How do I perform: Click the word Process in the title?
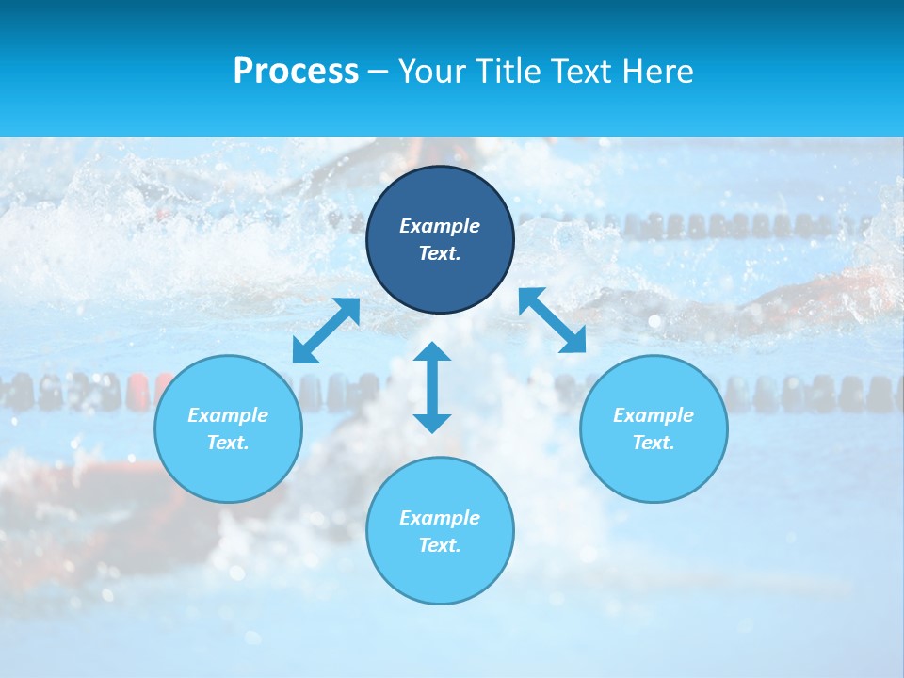(296, 72)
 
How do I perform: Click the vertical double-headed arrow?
(432, 387)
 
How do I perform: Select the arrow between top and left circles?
(326, 331)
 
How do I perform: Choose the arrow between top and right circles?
(553, 320)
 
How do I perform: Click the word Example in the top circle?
(440, 226)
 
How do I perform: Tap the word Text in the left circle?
(228, 443)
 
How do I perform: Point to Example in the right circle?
(654, 415)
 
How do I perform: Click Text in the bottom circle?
(440, 545)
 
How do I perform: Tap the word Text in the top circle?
(440, 253)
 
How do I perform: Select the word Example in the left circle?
(228, 415)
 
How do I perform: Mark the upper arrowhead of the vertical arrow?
(432, 352)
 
